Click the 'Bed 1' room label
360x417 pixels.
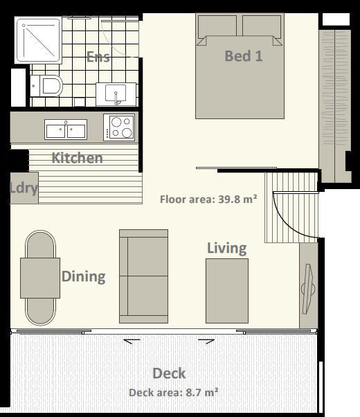(243, 56)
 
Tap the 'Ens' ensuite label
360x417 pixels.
(98, 57)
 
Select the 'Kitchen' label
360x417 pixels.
(77, 158)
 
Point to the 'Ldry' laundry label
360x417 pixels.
(24, 188)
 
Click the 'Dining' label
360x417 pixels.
(83, 277)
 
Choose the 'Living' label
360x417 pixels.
(226, 248)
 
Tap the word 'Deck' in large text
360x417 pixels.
(169, 373)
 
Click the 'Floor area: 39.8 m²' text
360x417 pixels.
(208, 199)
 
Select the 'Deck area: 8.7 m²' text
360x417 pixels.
(174, 393)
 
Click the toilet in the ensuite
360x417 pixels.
(49, 87)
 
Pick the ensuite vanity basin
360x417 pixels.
(115, 93)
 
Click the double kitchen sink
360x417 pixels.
(66, 129)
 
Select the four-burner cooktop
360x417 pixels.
(119, 127)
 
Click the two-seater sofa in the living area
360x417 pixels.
(143, 276)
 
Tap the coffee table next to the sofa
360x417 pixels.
(226, 290)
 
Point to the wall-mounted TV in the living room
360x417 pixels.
(308, 286)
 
